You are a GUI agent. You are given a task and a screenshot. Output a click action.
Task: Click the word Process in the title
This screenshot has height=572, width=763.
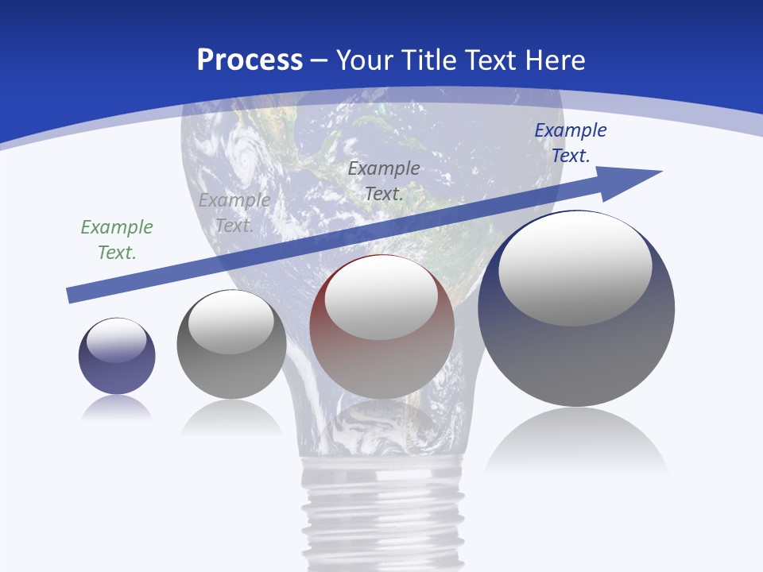point(250,60)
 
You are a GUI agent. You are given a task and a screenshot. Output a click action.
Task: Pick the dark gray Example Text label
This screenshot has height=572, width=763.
point(384,180)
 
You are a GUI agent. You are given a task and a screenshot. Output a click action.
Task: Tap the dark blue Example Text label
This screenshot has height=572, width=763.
point(571,143)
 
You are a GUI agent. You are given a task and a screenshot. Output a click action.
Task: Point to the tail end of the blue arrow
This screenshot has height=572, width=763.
point(72,296)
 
